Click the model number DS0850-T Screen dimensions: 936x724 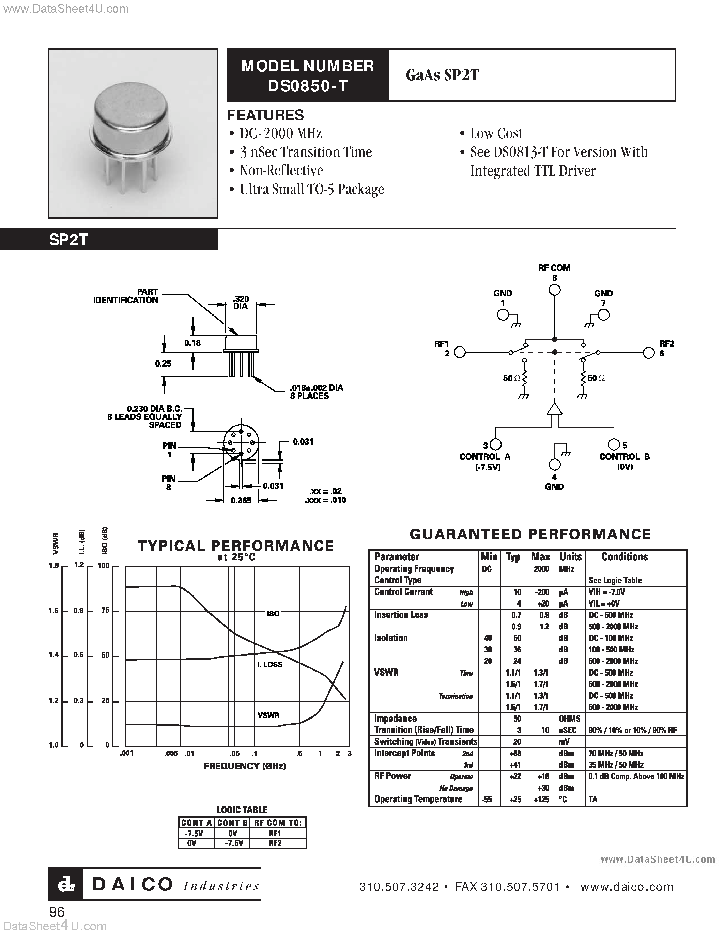(308, 86)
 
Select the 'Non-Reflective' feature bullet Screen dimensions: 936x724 (281, 171)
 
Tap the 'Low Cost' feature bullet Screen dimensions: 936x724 (496, 134)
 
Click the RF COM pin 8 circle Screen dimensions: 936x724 (555, 290)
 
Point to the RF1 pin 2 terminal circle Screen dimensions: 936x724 (459, 352)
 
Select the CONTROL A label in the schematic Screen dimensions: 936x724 (485, 457)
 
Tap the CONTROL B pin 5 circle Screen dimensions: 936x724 (614, 445)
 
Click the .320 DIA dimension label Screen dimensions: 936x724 (241, 302)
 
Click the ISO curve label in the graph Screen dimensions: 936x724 (273, 614)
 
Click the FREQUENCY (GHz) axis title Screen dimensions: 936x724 (245, 766)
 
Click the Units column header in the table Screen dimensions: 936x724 (570, 557)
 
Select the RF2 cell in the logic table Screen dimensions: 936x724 (275, 843)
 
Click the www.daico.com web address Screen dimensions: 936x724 (627, 887)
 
